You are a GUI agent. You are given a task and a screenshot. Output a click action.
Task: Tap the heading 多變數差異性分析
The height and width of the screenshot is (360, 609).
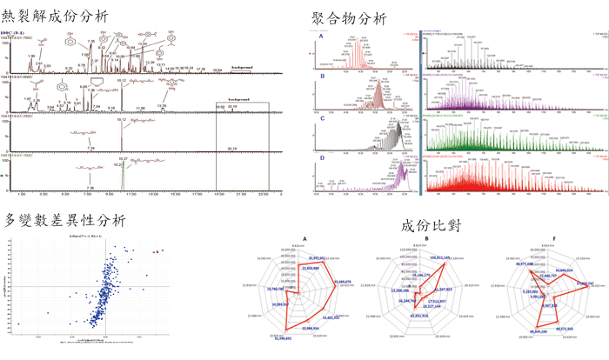pyautogui.click(x=65, y=219)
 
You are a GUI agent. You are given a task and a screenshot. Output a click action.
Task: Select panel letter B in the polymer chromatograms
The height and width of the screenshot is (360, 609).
pyautogui.click(x=321, y=77)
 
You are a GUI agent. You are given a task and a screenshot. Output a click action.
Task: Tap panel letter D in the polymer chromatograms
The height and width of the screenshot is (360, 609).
pyautogui.click(x=321, y=157)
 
